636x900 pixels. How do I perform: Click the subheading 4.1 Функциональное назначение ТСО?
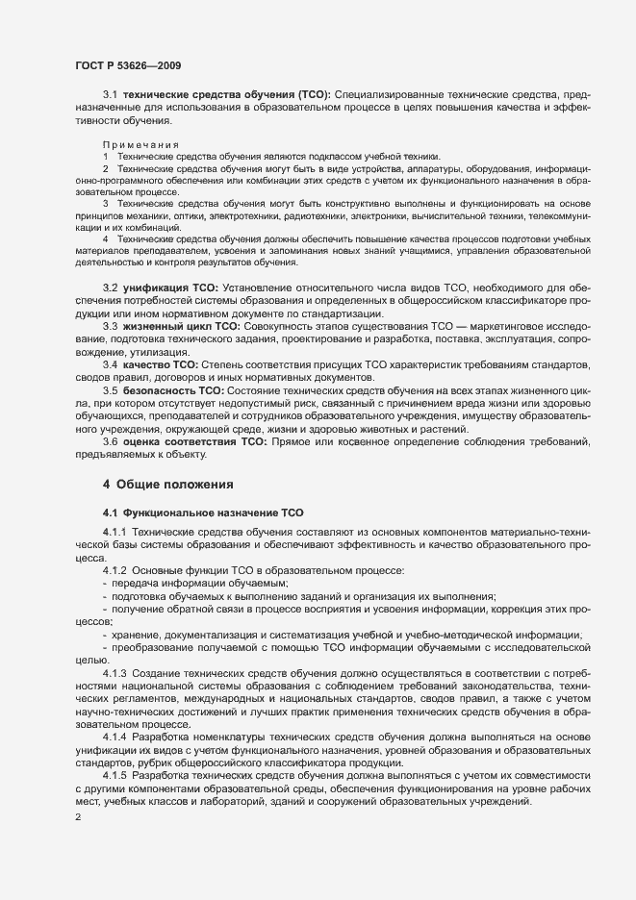point(203,512)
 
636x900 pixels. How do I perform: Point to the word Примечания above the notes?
point(140,144)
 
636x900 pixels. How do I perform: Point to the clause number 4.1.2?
point(115,570)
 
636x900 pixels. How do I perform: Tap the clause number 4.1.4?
point(115,736)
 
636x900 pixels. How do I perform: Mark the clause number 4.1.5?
point(115,775)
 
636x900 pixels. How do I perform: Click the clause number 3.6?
point(110,440)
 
